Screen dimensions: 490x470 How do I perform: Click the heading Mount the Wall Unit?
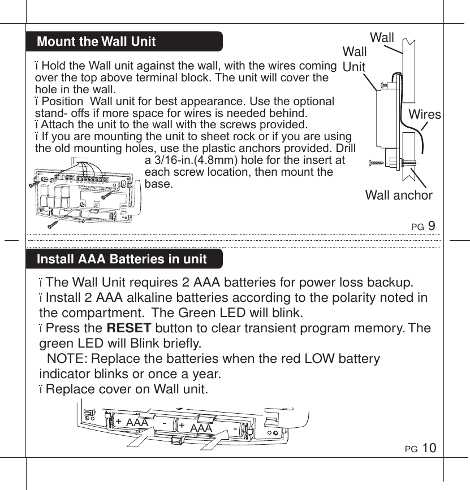pyautogui.click(x=96, y=41)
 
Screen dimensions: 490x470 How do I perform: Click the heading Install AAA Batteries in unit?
pyautogui.click(x=121, y=259)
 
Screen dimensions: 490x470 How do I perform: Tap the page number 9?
pyautogui.click(x=432, y=226)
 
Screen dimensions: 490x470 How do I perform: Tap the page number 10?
pyautogui.click(x=429, y=449)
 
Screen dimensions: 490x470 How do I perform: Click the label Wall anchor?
pyautogui.click(x=398, y=196)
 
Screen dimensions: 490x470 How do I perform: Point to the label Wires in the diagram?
pyautogui.click(x=425, y=115)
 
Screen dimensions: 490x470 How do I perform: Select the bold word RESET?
pyautogui.click(x=128, y=328)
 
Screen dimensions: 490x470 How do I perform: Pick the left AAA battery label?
pyautogui.click(x=137, y=423)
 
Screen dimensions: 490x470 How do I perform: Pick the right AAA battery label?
pyautogui.click(x=201, y=428)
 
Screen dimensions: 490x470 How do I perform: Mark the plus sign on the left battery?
pyautogui.click(x=119, y=422)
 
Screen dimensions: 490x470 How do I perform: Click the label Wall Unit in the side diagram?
pyautogui.click(x=355, y=59)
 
